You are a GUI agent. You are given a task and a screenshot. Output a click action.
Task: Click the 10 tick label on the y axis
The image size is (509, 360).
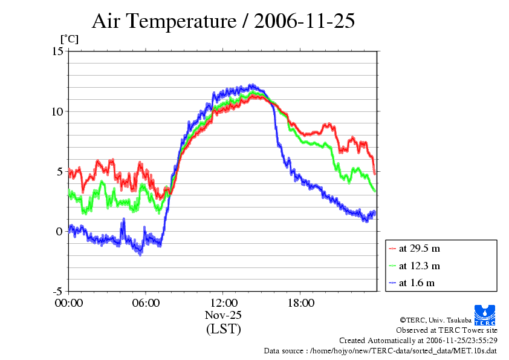point(57,111)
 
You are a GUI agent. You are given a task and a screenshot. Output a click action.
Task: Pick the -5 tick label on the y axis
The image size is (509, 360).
point(57,291)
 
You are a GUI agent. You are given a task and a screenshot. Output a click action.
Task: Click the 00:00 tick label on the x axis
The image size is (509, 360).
point(69,303)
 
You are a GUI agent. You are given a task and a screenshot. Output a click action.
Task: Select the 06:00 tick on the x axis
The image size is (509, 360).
point(146,303)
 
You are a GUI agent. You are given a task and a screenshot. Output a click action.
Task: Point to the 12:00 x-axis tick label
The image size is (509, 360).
point(223,303)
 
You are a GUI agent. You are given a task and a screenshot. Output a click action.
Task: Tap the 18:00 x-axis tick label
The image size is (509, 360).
point(300,303)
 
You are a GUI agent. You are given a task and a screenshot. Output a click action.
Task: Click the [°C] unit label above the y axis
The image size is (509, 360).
point(68,39)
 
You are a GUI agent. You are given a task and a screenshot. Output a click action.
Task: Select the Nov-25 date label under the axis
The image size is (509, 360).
point(223,315)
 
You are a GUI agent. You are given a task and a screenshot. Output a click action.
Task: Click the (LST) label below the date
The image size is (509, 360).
point(223,329)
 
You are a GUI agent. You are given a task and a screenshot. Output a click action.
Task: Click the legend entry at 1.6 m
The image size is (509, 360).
point(417,283)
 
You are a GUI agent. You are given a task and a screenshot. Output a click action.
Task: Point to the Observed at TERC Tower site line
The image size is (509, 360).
point(447,330)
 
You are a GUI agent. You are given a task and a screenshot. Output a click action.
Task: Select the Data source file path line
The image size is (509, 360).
point(380,350)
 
